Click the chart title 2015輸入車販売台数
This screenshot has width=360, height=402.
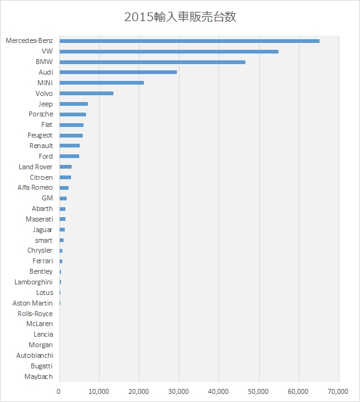point(180,17)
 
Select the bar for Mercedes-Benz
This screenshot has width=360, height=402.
point(189,41)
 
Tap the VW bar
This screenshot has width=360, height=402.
point(169,52)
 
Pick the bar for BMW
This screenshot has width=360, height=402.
point(153,62)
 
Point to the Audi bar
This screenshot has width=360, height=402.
point(118,72)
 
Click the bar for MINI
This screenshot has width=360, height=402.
point(102,83)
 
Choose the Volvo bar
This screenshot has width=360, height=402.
point(87,93)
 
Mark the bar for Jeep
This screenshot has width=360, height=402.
point(73,104)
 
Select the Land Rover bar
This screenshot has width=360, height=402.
point(65,167)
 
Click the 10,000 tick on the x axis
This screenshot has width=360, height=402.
point(99,392)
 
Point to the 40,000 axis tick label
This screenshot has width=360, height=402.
point(219,392)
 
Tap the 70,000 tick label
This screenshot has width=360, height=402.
point(338,392)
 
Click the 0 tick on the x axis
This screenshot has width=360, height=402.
point(59,392)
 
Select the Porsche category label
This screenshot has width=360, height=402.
point(41,114)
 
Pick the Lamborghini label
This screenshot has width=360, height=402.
point(34,282)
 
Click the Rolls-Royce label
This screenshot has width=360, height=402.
point(35,314)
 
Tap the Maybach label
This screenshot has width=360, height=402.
point(39,376)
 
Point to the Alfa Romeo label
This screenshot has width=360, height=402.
point(35,188)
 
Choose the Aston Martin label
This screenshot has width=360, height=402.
point(32,303)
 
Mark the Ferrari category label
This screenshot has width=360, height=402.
point(43,261)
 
